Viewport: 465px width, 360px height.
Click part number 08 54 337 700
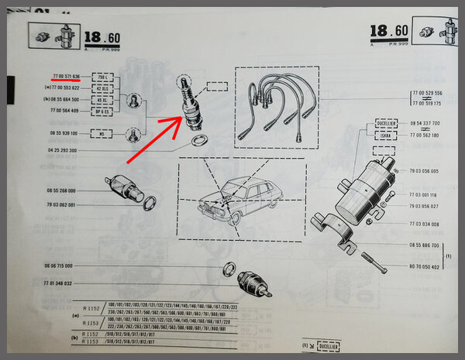pos(425,123)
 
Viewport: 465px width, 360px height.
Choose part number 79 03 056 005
pos(425,171)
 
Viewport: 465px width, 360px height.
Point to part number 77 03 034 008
pos(425,224)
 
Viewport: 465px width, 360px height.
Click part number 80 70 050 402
pos(425,267)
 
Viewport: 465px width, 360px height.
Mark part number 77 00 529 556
pos(429,93)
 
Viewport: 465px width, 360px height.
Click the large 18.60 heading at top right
pos(388,32)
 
